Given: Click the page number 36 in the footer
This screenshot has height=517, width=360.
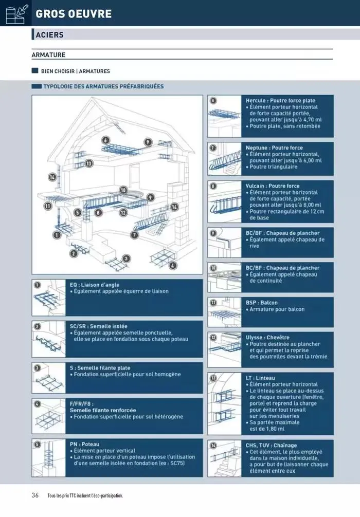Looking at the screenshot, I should click(x=35, y=495).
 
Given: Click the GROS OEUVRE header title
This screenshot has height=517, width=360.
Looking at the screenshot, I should click(x=74, y=14).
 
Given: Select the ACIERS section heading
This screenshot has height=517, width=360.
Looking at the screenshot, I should click(x=50, y=35).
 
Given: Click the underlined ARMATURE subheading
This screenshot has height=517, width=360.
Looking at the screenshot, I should click(x=48, y=54).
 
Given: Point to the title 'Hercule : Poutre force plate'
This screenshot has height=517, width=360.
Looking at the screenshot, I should click(x=280, y=101).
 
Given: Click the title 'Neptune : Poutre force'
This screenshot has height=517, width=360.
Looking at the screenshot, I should click(x=274, y=147).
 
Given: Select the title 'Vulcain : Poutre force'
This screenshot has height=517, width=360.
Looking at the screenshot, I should click(x=273, y=186).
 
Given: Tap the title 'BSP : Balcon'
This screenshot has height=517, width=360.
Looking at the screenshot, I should click(x=268, y=303).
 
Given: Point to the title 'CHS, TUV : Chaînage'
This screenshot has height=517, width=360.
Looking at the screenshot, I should click(x=271, y=446).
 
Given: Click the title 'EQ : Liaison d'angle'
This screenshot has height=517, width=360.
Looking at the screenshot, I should click(x=98, y=284).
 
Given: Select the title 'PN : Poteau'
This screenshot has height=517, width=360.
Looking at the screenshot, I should click(x=84, y=444).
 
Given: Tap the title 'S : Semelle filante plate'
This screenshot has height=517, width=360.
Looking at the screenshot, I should click(x=100, y=368).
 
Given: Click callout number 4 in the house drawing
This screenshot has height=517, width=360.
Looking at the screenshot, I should click(x=173, y=266).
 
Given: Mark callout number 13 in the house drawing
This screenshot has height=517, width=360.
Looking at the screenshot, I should click(x=89, y=163).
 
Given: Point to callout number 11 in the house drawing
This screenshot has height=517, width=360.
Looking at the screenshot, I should click(x=48, y=206).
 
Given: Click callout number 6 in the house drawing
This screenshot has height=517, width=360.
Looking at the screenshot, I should click(x=105, y=140).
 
